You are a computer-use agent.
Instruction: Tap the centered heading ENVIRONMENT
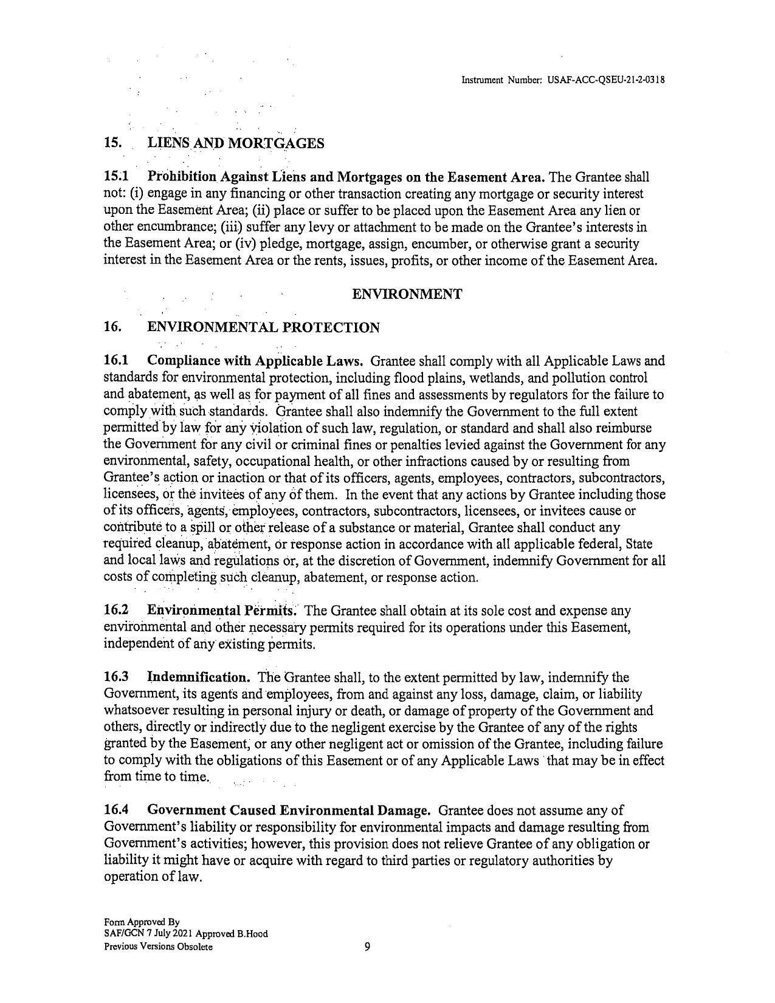(407, 295)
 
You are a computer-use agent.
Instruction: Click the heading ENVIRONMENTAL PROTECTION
(264, 328)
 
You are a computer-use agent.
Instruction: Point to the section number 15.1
(116, 177)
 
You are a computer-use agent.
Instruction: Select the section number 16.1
(116, 361)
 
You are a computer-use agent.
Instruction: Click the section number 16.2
(116, 610)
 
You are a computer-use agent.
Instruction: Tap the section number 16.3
(116, 677)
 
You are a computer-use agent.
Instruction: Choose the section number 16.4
(116, 810)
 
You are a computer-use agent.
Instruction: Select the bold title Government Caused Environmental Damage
(289, 810)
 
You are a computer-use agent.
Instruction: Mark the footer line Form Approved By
(142, 922)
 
